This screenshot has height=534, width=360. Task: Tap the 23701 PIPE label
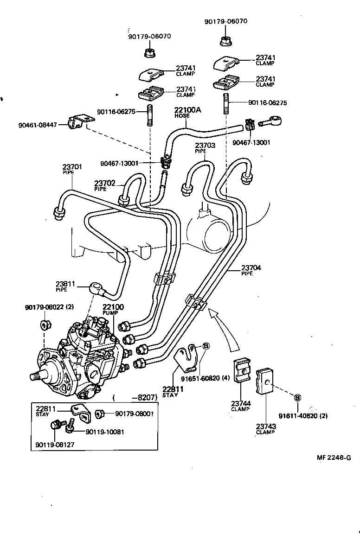pos(72,169)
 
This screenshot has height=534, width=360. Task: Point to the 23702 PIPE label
pos(104,185)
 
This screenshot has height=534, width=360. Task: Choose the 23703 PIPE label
pos(205,148)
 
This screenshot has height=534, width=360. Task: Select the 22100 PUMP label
pos(113,310)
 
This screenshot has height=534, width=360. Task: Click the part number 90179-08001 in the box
pos(135,413)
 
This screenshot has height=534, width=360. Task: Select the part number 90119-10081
pos(105,432)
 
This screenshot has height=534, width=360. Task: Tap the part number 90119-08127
pos(55,445)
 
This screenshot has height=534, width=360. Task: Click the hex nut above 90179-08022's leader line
pos(45,324)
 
